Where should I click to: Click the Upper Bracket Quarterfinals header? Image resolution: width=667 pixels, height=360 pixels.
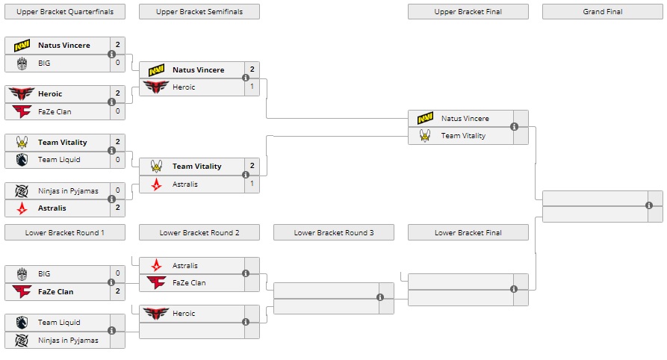64,12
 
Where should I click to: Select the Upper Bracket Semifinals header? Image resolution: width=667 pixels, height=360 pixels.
199,12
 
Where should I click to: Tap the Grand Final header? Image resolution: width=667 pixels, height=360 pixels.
602,12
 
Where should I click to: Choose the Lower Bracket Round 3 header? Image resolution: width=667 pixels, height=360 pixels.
333,233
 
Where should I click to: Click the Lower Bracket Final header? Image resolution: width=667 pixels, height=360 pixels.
468,233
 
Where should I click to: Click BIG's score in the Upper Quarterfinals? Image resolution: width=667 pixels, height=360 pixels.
117,63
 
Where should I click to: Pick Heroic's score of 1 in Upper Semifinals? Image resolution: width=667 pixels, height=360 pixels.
252,87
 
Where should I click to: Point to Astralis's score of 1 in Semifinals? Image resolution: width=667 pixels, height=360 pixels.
252,184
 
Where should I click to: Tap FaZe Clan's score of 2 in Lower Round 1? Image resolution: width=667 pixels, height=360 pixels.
117,291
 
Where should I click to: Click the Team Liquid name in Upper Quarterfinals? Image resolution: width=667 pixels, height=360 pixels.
59,160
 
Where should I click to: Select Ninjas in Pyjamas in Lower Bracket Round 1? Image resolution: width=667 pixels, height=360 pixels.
68,341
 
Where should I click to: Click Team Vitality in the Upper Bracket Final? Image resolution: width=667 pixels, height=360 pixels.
463,136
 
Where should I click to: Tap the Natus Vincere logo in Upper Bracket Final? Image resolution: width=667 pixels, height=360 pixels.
426,119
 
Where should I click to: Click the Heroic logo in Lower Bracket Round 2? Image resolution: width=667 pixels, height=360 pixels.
157,314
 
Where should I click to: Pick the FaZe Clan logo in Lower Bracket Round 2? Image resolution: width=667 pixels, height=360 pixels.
157,283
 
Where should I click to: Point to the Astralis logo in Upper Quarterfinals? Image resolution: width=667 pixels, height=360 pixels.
22,208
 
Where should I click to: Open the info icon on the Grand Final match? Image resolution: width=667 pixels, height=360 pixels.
649,205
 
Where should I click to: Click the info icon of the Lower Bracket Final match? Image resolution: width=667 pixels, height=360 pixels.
514,288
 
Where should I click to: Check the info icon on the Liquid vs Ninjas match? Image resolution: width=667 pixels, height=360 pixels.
111,330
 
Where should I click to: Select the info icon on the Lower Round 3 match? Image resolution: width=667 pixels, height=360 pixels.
380,297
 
